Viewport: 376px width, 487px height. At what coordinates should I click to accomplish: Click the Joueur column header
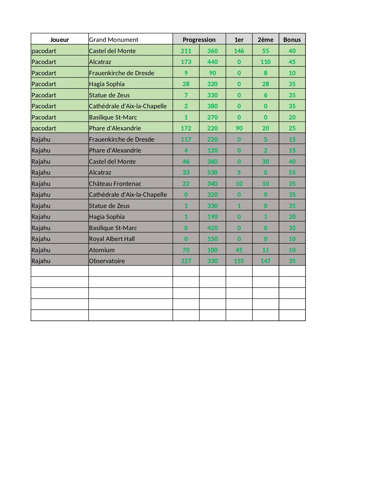[60, 40]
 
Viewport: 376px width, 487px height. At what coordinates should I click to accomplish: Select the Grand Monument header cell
[114, 40]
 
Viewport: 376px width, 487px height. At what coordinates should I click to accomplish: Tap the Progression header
[199, 40]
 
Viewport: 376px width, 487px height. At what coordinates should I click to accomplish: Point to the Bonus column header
[292, 40]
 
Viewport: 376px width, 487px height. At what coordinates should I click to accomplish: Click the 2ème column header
[265, 40]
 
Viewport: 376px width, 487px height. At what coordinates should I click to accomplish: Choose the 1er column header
[239, 40]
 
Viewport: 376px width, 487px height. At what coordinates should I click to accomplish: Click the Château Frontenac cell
[115, 183]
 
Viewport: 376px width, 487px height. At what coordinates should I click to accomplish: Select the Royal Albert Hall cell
[112, 239]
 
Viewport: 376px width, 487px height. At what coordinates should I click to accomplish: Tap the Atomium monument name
[102, 250]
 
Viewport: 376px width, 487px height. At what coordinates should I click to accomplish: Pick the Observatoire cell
[107, 261]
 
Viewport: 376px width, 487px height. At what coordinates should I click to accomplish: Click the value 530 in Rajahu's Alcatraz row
[212, 173]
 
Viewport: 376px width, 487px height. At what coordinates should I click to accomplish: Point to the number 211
[186, 51]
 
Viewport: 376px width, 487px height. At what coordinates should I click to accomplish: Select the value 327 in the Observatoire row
[186, 261]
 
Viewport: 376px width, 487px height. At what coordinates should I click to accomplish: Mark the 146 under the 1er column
[239, 51]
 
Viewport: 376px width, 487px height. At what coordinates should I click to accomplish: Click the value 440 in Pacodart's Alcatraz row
[212, 62]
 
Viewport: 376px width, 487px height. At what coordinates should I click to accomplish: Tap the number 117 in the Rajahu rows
[186, 139]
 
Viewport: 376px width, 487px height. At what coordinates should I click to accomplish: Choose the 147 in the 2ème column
[265, 261]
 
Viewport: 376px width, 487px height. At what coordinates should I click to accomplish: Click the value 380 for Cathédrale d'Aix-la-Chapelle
[212, 106]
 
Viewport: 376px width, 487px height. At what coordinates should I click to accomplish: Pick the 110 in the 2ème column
[265, 62]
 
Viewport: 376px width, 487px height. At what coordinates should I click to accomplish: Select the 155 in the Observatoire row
[239, 261]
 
